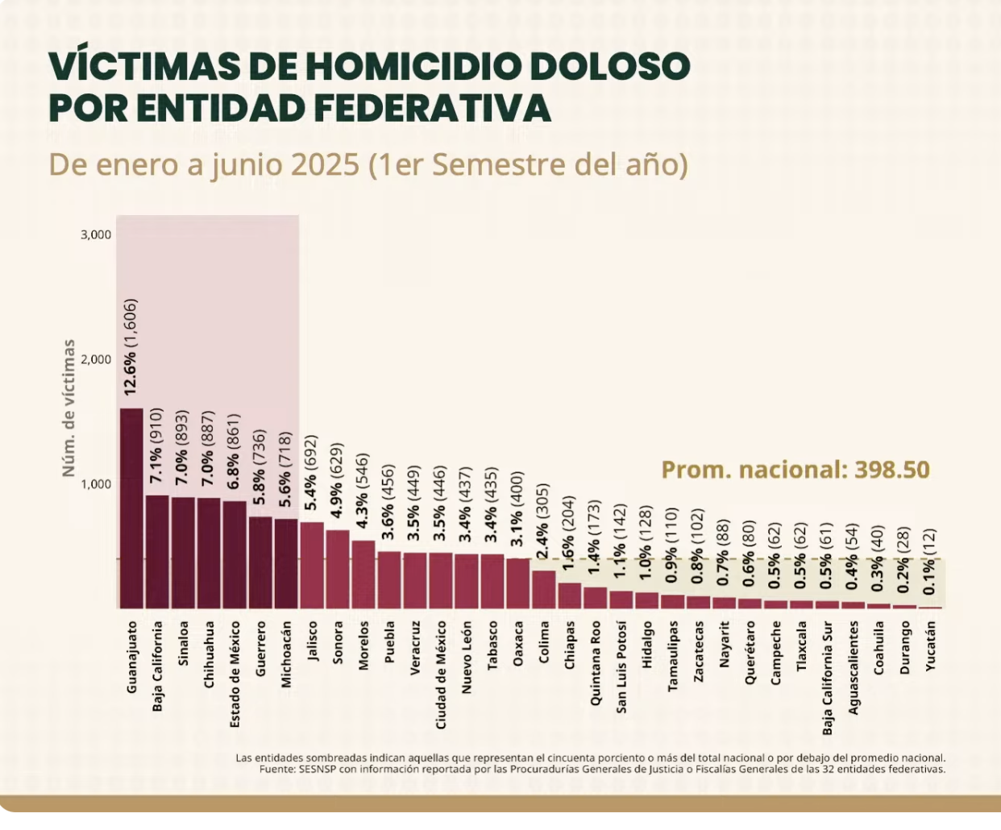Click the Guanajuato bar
[131, 508]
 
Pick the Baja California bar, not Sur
[157, 552]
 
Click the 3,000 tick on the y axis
[96, 234]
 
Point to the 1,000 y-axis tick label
[96, 483]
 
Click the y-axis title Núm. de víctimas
[69, 407]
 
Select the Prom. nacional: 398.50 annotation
[795, 470]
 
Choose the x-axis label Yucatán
[931, 646]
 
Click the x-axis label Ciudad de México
[441, 675]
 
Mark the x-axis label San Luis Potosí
[621, 666]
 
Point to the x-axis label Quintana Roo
[596, 663]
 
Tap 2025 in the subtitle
[325, 164]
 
